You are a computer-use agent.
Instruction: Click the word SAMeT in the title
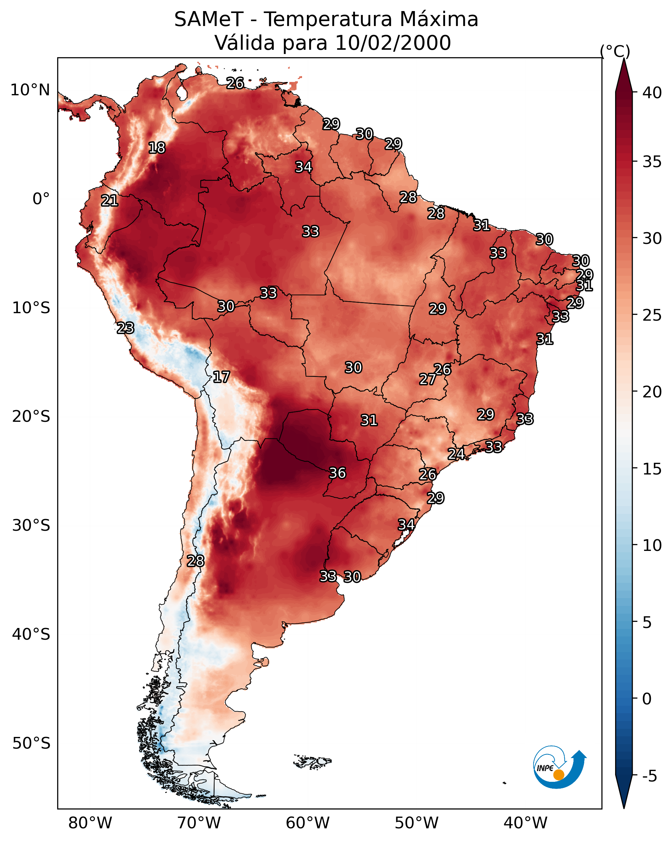pos(209,20)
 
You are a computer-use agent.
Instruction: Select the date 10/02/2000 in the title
pos(393,43)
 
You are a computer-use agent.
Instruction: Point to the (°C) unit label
pos(615,51)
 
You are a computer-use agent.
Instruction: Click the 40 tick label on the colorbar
pos(652,93)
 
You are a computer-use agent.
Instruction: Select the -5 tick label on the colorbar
pos(649,776)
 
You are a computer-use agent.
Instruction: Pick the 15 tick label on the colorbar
pos(652,469)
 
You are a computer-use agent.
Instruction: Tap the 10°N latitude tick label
pos(30,90)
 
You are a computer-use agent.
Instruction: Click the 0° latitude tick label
pos(41,199)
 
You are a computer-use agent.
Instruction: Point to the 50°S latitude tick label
pos(31,743)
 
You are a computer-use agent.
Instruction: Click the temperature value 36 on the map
pos(337,473)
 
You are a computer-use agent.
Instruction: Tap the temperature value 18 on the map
pos(157,148)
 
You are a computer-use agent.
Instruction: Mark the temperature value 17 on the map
pos(221,377)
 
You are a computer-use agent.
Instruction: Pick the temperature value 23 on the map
pos(125,328)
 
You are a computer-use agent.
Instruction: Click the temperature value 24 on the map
pos(456,454)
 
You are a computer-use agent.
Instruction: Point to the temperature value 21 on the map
pos(110,201)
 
